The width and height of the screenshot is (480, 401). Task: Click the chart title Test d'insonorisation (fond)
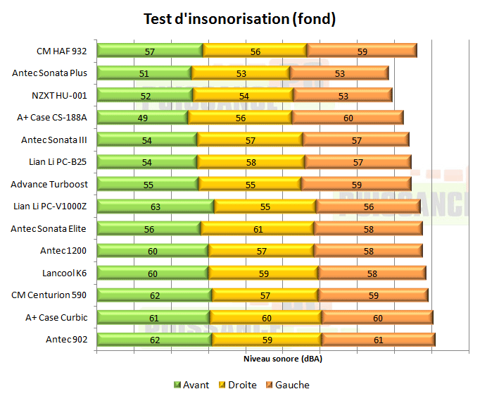click(x=240, y=19)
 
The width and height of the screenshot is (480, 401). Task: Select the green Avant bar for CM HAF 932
click(x=149, y=51)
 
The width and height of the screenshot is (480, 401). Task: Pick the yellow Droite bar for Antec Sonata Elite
click(x=257, y=228)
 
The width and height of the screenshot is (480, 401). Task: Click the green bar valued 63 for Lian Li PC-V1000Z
click(x=155, y=206)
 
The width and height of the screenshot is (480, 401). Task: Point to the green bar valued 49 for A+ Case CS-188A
click(x=142, y=118)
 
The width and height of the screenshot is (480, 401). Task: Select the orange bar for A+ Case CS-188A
click(x=348, y=118)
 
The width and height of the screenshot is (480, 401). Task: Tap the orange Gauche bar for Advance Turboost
click(x=356, y=184)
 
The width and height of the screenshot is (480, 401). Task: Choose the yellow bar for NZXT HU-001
click(x=243, y=95)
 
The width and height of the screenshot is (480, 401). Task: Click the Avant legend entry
click(x=191, y=385)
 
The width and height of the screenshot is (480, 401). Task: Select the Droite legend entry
click(x=237, y=385)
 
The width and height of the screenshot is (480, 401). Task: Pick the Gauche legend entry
click(x=287, y=385)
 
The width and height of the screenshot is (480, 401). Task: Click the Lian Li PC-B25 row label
click(x=58, y=162)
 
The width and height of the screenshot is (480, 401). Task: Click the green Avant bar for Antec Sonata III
click(x=146, y=140)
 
